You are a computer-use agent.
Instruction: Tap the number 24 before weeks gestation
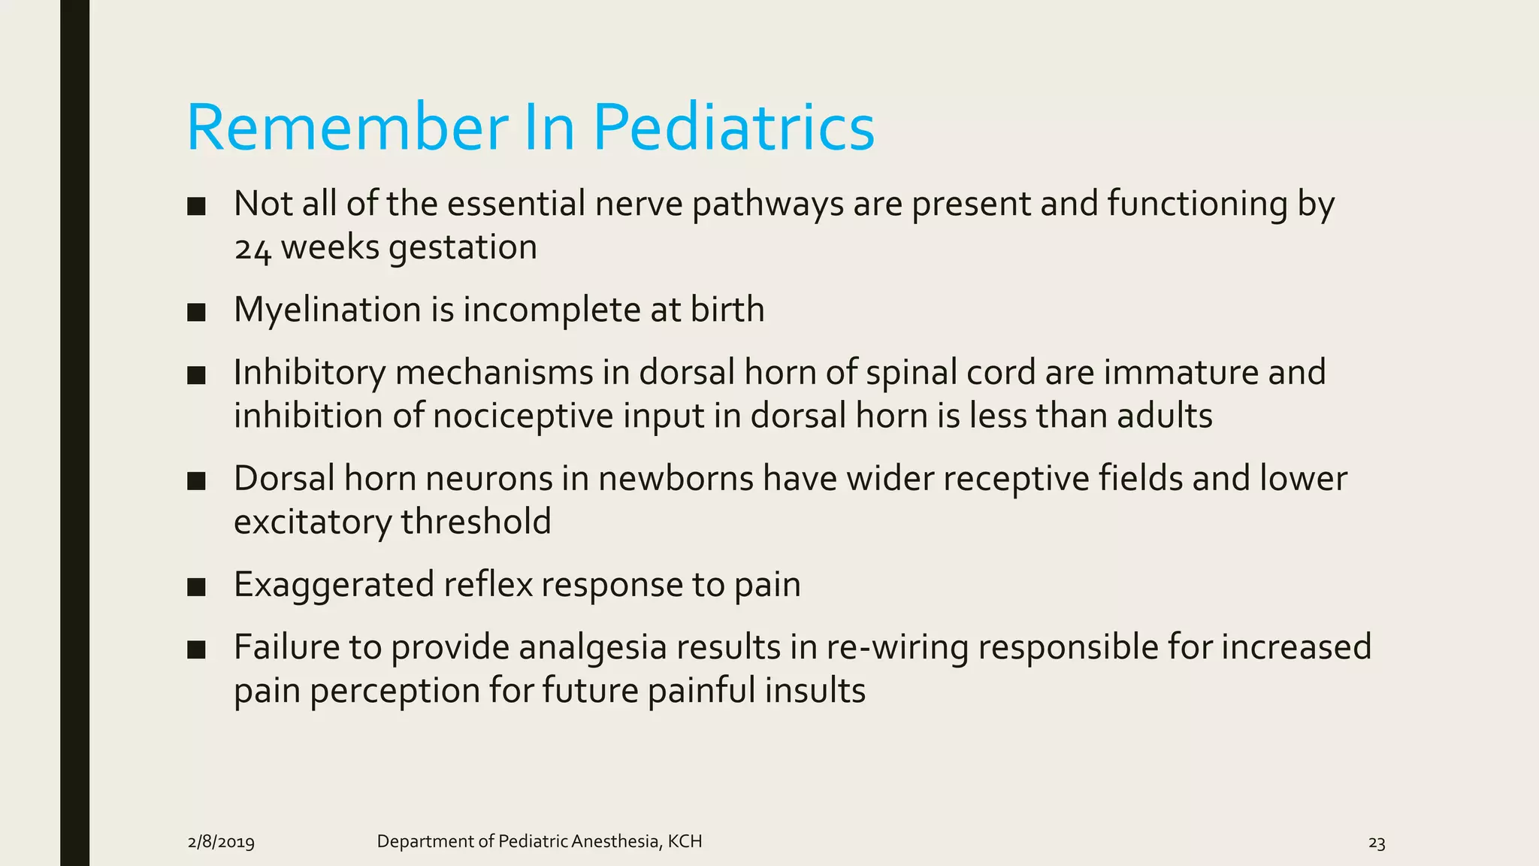(252, 249)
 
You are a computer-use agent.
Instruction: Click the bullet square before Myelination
(196, 312)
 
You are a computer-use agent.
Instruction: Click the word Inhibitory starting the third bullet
(309, 373)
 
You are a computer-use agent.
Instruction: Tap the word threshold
(476, 522)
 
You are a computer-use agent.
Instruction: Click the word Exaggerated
(334, 585)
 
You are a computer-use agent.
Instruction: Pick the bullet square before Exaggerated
(196, 587)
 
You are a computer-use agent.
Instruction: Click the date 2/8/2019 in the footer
(221, 842)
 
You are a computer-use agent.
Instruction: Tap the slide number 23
(1376, 843)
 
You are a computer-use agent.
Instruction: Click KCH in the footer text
(685, 841)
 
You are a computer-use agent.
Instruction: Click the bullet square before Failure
(196, 649)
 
